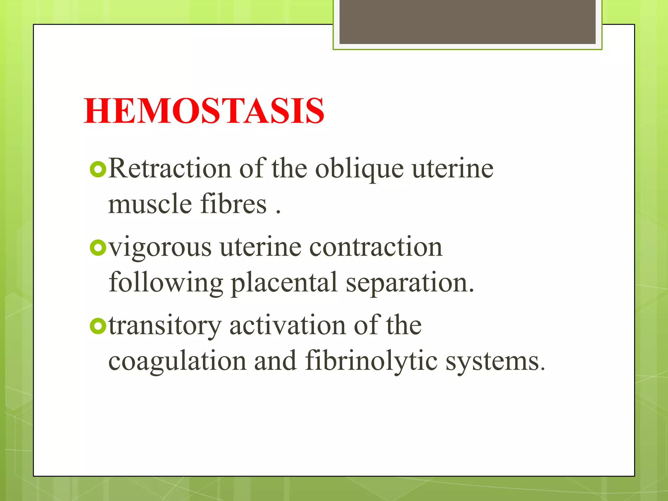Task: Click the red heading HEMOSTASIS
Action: click(204, 111)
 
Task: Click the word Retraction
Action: click(170, 169)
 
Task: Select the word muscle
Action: click(150, 204)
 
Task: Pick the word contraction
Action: click(376, 247)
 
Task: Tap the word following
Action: click(166, 283)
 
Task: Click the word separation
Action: click(410, 283)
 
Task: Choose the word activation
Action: click(287, 326)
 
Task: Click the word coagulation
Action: click(177, 361)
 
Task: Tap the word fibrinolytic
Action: click(371, 361)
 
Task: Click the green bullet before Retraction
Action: click(98, 169)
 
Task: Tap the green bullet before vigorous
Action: click(98, 248)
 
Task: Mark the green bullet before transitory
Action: click(98, 326)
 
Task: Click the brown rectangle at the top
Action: click(467, 22)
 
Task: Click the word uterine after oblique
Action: click(453, 169)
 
